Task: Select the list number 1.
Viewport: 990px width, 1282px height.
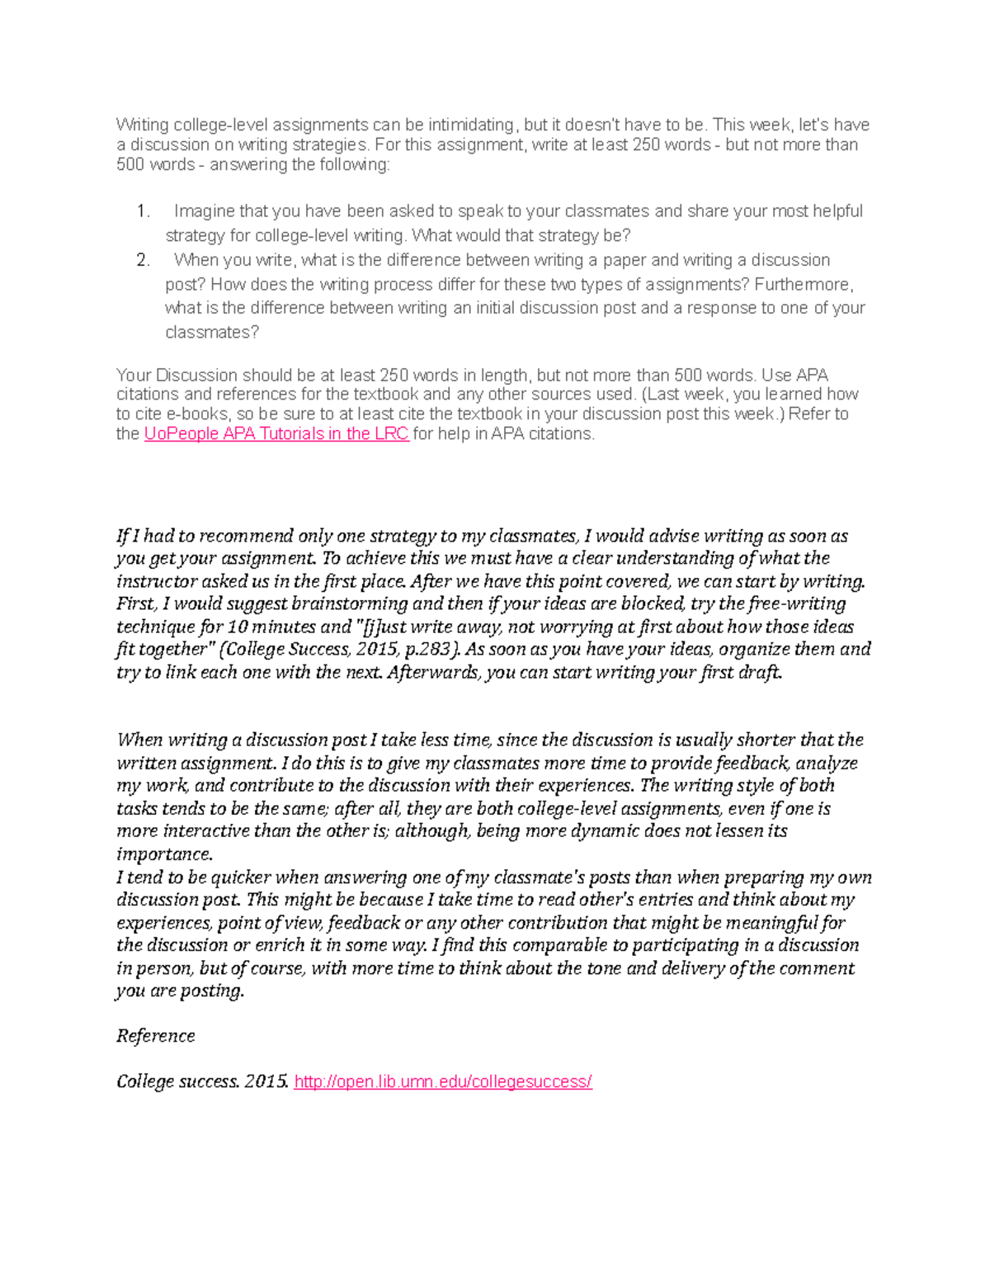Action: click(x=143, y=211)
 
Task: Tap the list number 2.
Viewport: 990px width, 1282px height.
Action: click(x=143, y=260)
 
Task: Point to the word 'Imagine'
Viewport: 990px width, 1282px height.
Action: click(x=204, y=211)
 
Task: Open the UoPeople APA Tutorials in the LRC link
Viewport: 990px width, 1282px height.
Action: click(x=276, y=433)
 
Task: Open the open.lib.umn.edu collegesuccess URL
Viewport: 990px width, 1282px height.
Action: click(x=443, y=1081)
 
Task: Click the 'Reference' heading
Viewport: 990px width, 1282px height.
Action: click(x=156, y=1036)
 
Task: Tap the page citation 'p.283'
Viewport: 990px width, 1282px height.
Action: click(x=427, y=649)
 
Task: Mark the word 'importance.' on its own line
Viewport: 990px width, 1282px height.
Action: click(x=164, y=854)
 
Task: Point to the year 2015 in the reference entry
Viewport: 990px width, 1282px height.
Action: click(x=266, y=1081)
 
